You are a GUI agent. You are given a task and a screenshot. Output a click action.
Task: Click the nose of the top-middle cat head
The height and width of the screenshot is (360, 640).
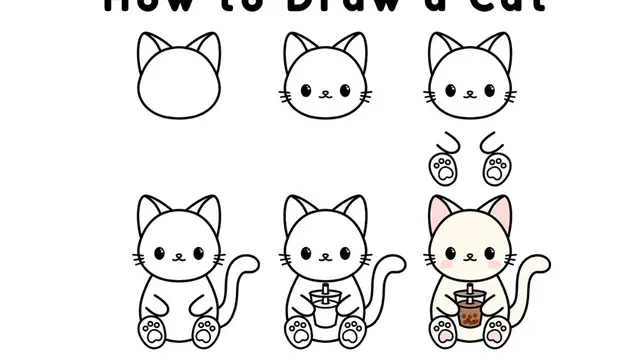(x=325, y=96)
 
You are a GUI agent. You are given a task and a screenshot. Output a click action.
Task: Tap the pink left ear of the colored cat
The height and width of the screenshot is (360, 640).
(x=441, y=212)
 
